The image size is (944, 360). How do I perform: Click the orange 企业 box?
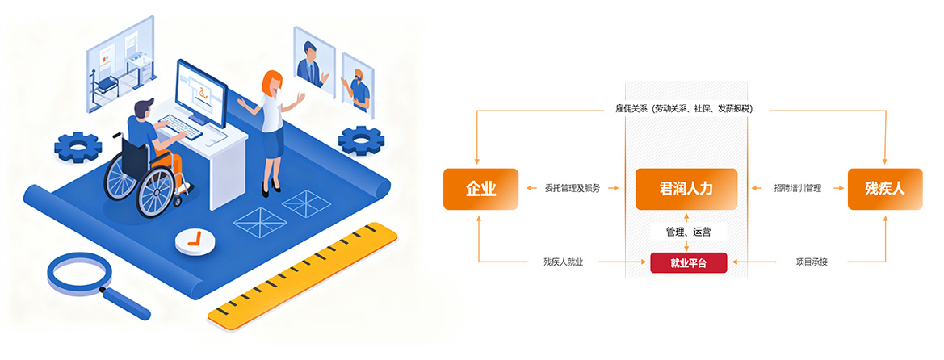point(480,190)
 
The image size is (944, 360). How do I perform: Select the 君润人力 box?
point(686,190)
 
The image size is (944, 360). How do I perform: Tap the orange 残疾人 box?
point(884,190)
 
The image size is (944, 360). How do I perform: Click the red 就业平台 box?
point(688,263)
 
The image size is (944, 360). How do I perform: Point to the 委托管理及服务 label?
point(572,189)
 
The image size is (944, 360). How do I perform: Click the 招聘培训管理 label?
point(797,189)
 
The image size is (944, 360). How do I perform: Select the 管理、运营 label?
point(688,232)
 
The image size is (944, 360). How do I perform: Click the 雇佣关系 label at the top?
point(679,108)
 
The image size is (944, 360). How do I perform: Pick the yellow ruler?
point(304,277)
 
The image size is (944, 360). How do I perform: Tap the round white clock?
point(195,240)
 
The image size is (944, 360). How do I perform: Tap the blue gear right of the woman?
point(361,140)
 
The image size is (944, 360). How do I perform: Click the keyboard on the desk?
point(181,126)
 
